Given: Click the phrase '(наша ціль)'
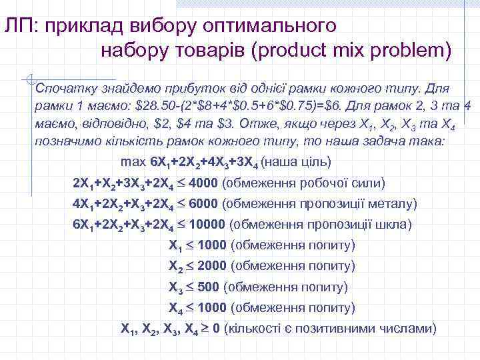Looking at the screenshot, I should click(x=296, y=162).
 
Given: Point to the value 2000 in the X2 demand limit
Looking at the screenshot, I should click(x=212, y=266).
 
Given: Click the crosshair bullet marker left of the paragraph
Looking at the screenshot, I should click(x=27, y=79).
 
